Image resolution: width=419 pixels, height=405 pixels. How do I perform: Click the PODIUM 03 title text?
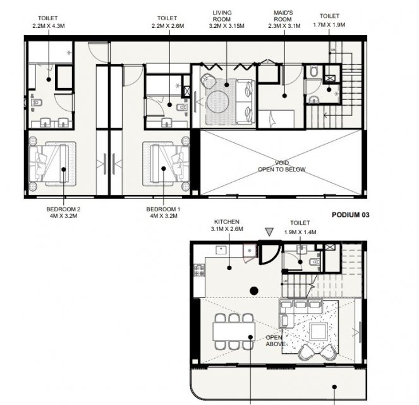(350, 215)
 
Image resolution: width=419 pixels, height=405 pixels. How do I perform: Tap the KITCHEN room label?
(227, 221)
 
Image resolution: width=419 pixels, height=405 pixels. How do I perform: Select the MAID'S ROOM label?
(283, 16)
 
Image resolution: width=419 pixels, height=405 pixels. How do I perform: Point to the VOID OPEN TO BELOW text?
(282, 166)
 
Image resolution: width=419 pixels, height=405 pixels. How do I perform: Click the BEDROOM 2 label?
(63, 209)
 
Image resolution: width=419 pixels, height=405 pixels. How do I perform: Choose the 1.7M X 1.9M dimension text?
(329, 25)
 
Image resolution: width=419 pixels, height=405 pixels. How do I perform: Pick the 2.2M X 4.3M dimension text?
(49, 26)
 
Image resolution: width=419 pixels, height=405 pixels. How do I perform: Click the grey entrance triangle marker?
(269, 232)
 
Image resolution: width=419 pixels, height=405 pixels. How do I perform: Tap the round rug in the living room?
(218, 102)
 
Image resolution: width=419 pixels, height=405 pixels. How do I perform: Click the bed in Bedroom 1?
(166, 164)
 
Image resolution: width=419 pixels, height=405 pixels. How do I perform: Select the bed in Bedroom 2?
(52, 164)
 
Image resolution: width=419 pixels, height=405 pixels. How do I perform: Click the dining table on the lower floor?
(234, 332)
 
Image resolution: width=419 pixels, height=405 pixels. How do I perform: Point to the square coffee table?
(319, 332)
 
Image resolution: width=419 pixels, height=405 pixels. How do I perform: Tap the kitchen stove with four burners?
(199, 270)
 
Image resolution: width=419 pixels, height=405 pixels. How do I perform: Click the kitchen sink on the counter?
(221, 250)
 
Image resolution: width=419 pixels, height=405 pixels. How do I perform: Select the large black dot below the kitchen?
(254, 290)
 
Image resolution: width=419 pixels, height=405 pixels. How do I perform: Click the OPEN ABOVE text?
(274, 341)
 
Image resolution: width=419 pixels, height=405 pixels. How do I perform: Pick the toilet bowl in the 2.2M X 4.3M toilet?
(37, 103)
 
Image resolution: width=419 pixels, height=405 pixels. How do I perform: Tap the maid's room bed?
(276, 119)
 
